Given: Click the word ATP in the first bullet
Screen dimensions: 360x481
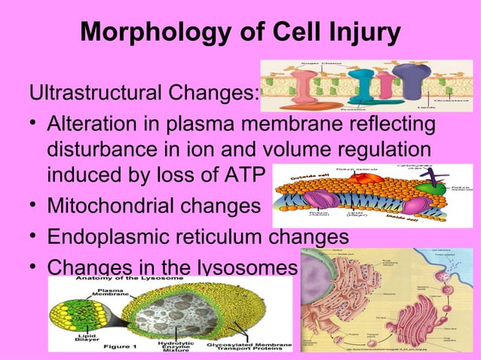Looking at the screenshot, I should point(240,175).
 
